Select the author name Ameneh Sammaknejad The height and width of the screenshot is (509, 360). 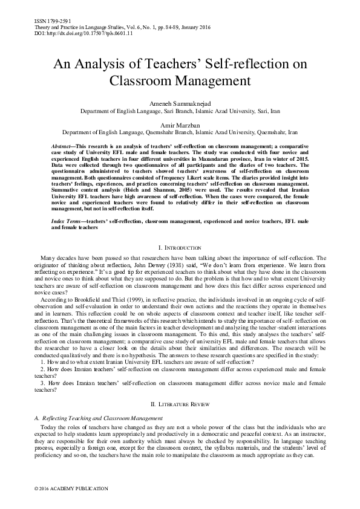[180, 105]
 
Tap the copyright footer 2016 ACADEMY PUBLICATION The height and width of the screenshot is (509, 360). [71, 488]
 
